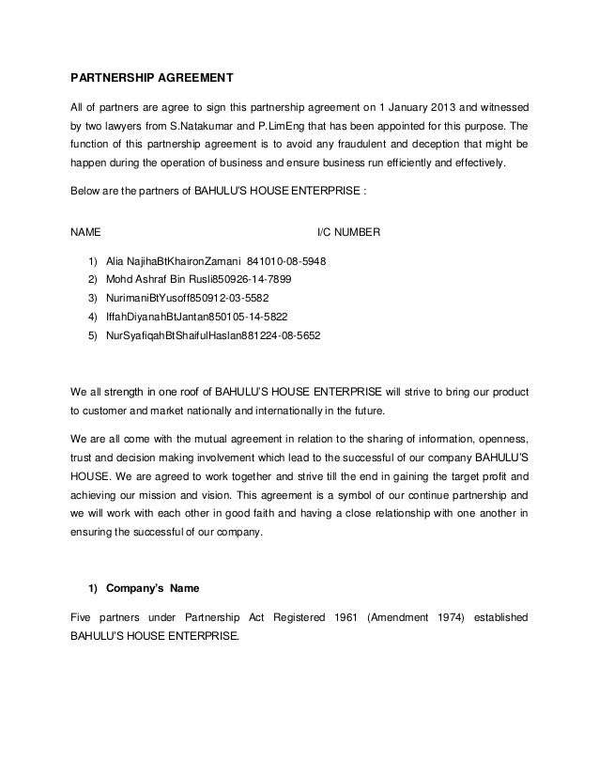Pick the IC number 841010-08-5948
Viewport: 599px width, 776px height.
click(286, 262)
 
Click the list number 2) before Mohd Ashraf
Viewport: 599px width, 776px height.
click(92, 279)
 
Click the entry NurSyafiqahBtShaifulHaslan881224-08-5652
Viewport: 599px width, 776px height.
click(212, 333)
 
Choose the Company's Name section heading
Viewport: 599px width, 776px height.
click(145, 590)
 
